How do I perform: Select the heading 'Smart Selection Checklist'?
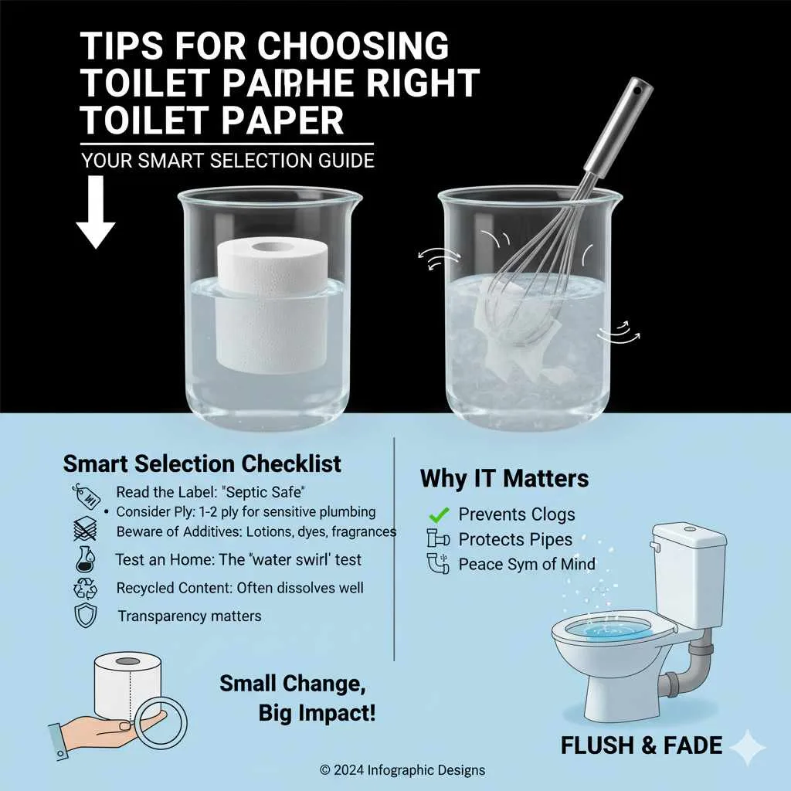pyautogui.click(x=202, y=463)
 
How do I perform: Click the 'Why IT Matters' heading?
pyautogui.click(x=504, y=478)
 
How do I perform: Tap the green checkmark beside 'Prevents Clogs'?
pyautogui.click(x=438, y=514)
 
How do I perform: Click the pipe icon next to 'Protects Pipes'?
pyautogui.click(x=437, y=538)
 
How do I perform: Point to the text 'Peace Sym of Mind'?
pyautogui.click(x=527, y=564)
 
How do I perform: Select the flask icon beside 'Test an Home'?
pyautogui.click(x=84, y=559)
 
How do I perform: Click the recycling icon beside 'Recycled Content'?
pyautogui.click(x=84, y=588)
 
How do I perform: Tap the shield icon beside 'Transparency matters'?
pyautogui.click(x=84, y=616)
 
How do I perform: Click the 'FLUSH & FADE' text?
pyautogui.click(x=641, y=745)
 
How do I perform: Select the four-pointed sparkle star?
pyautogui.click(x=748, y=748)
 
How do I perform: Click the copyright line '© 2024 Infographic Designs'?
pyautogui.click(x=402, y=770)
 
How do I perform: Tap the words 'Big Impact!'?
pyautogui.click(x=317, y=713)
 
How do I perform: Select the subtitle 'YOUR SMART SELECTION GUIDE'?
pyautogui.click(x=228, y=161)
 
